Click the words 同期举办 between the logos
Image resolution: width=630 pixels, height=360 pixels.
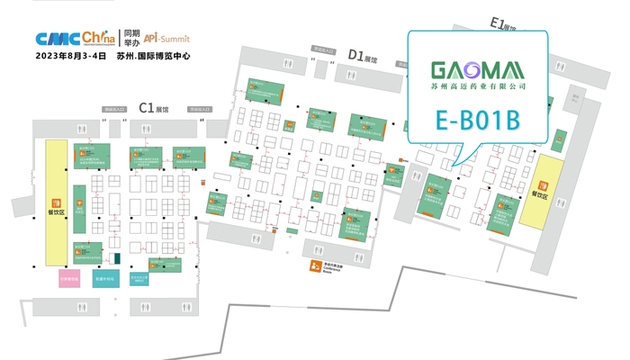pos(131,39)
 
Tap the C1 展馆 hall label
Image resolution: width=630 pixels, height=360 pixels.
pos(154,108)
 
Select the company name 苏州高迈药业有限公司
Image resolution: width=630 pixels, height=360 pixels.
pos(478,88)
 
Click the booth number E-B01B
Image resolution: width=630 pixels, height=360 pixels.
pos(478,120)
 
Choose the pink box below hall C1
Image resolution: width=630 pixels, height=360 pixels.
pos(69,279)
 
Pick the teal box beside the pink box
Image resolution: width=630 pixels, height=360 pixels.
pos(106,279)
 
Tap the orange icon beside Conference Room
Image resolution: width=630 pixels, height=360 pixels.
pos(314,265)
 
